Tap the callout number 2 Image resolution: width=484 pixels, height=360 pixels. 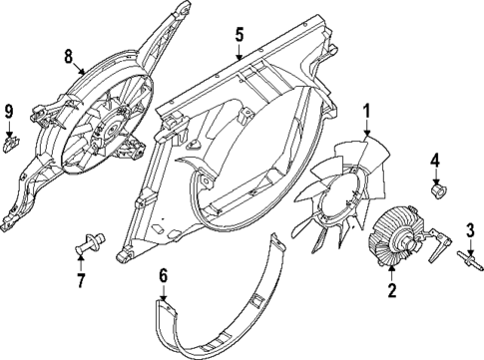click(x=392, y=291)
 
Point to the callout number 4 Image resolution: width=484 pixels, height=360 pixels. click(x=435, y=160)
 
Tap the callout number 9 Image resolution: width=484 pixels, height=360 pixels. click(x=8, y=110)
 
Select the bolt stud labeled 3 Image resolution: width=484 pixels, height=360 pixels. click(x=467, y=262)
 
